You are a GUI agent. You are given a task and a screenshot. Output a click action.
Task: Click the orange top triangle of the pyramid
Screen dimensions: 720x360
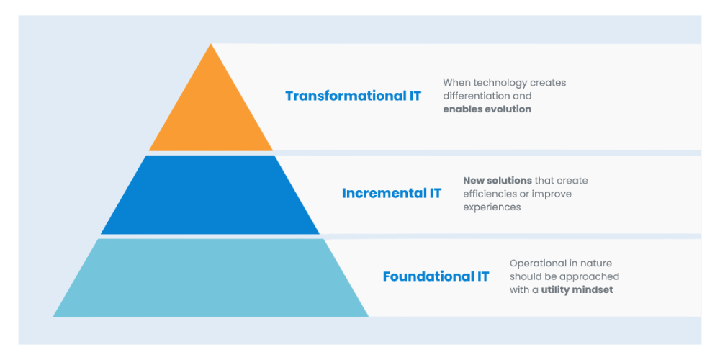pos(211,114)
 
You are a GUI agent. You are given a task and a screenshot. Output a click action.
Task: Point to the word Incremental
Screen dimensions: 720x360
pos(384,193)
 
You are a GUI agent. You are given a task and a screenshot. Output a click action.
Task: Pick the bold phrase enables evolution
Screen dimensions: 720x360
pos(487,109)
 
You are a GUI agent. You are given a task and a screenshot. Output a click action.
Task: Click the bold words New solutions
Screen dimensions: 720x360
pos(498,181)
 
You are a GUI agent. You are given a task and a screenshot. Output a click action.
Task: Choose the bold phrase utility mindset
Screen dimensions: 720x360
pos(577,290)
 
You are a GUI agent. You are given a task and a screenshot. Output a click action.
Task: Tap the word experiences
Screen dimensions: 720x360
pos(492,207)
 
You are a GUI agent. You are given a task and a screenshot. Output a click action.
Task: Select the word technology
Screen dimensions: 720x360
pos(498,83)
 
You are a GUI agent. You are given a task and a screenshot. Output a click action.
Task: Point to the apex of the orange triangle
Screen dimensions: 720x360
pos(211,44)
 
